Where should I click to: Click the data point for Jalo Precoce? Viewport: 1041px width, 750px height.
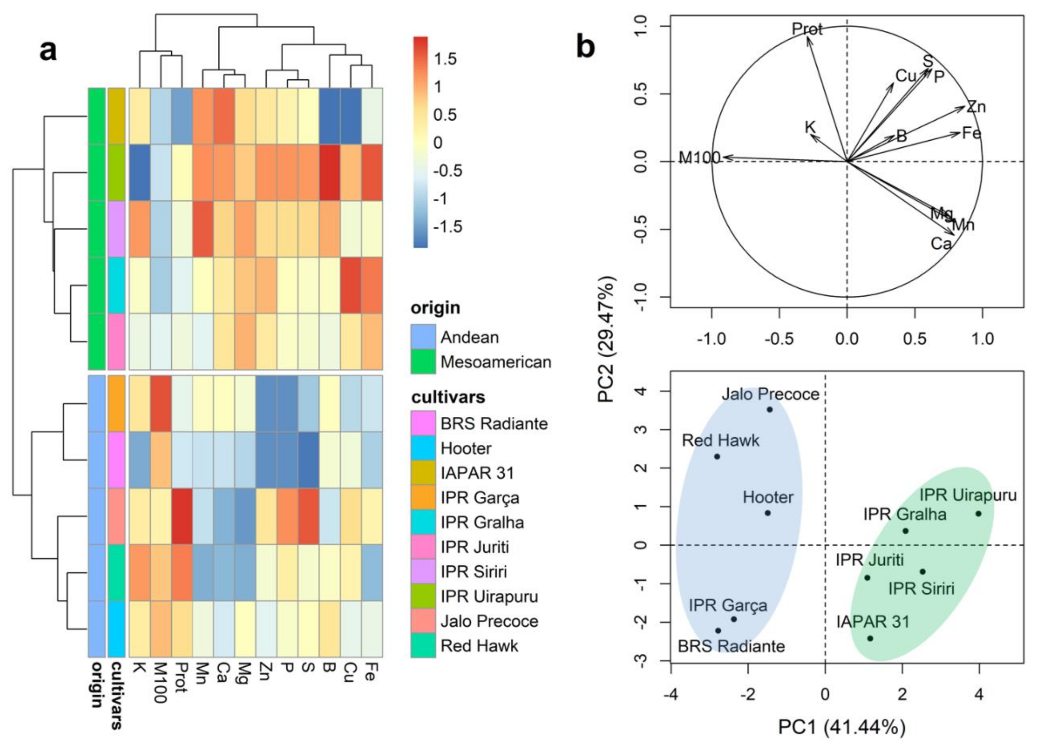pos(770,409)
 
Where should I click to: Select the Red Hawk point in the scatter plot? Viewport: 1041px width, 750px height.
pos(717,457)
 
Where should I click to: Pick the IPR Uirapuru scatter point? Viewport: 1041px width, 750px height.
pos(978,514)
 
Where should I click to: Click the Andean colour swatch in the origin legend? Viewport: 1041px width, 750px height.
pos(423,337)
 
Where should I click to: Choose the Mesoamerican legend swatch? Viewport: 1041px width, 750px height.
pos(423,362)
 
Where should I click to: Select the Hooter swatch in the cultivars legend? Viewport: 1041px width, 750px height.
pos(423,448)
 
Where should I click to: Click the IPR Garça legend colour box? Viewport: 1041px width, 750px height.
pos(423,498)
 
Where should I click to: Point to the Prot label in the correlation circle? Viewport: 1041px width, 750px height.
pos(807,29)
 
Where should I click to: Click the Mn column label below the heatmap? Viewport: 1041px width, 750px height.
pos(202,673)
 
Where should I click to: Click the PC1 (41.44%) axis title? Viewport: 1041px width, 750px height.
pos(841,727)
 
